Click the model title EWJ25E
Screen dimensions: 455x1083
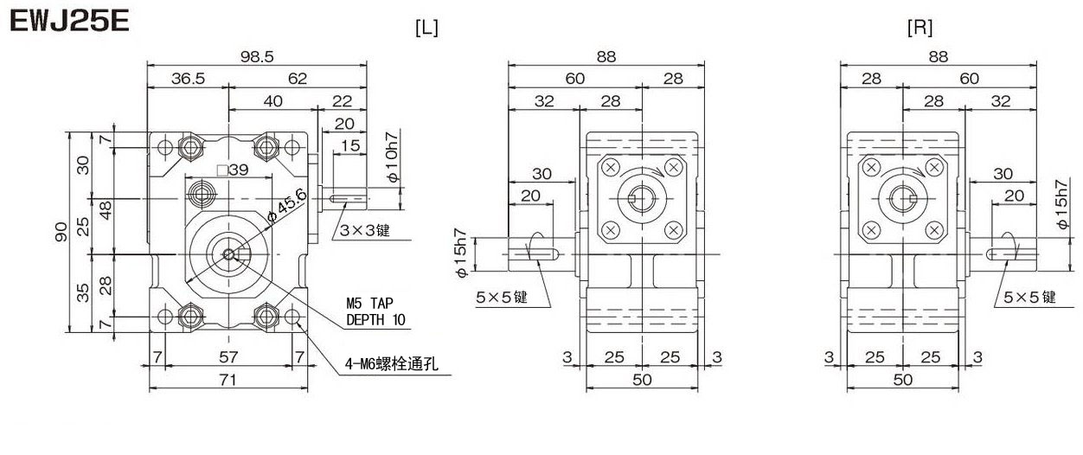coord(69,22)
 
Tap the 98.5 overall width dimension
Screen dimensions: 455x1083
coord(258,56)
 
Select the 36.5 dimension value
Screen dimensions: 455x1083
coord(188,79)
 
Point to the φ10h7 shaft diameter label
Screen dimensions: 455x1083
coord(392,157)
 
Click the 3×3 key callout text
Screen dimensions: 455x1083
coord(365,231)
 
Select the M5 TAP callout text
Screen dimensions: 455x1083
coord(371,304)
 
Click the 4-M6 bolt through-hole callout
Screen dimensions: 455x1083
coord(388,365)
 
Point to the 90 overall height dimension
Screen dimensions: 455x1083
coord(61,232)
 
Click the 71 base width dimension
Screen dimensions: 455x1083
coord(228,381)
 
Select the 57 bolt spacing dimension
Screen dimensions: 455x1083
coord(228,357)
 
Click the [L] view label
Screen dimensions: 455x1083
coord(426,28)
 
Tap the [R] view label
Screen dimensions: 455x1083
coord(920,28)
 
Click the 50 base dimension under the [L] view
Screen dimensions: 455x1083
coord(642,381)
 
